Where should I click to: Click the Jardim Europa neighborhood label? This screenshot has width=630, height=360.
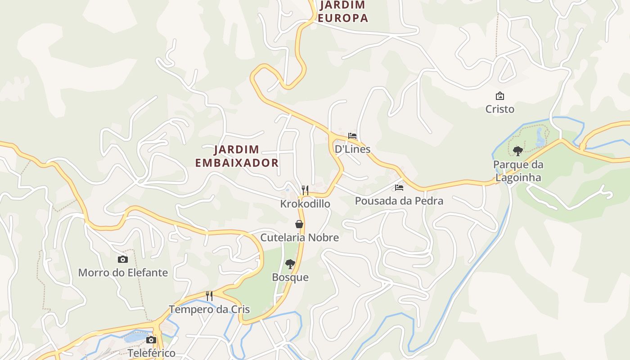click(x=343, y=12)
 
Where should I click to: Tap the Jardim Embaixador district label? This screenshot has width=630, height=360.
click(x=237, y=156)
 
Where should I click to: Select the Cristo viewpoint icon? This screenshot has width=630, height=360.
click(x=499, y=96)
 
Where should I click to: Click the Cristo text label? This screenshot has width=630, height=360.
click(x=499, y=109)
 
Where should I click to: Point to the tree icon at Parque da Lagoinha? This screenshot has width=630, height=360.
click(x=517, y=151)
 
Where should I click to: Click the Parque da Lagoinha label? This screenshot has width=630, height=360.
click(x=518, y=171)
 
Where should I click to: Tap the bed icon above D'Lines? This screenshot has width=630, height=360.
click(x=352, y=135)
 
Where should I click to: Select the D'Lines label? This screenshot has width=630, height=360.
click(x=352, y=149)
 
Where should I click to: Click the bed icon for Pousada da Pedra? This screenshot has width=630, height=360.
click(x=399, y=188)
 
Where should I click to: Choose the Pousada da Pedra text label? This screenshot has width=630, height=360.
click(x=399, y=201)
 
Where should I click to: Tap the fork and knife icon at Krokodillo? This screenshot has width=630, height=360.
click(x=305, y=190)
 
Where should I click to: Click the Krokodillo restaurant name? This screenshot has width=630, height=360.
click(x=305, y=204)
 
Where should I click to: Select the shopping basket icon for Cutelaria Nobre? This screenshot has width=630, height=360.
click(x=299, y=224)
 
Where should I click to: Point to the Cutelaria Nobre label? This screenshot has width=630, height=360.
click(x=299, y=238)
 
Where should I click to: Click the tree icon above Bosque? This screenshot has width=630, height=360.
click(x=290, y=264)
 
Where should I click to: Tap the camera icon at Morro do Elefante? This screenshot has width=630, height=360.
click(x=122, y=259)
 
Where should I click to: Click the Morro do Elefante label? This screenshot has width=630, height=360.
click(x=123, y=273)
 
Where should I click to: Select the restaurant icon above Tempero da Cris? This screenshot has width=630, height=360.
click(x=209, y=296)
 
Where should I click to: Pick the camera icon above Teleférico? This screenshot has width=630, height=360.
click(x=151, y=340)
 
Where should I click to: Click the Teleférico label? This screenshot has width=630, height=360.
click(x=151, y=353)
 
